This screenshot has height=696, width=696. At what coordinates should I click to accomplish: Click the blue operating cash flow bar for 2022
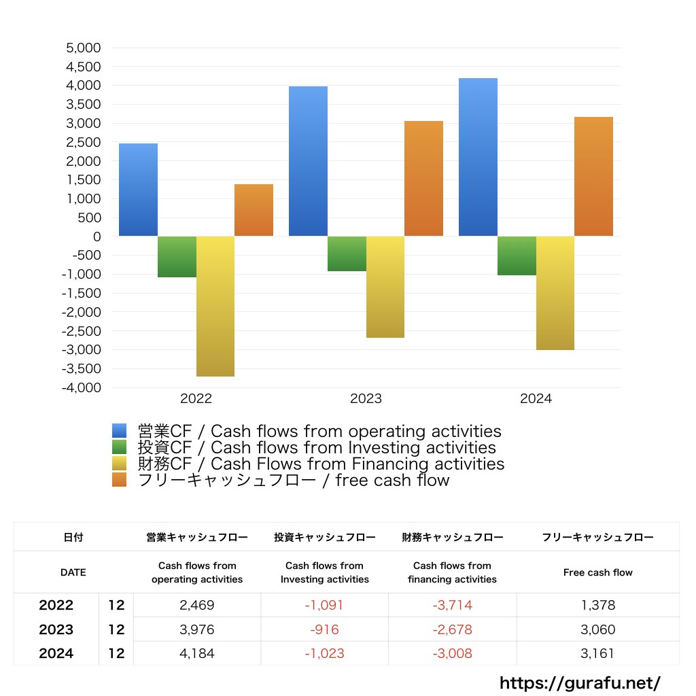point(138,190)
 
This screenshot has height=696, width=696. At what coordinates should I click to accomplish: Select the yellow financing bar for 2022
point(215,306)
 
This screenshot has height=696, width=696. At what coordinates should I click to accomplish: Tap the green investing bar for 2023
point(347,254)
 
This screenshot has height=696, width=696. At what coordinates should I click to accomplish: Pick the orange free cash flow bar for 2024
point(593,177)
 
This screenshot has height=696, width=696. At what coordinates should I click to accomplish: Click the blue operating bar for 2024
point(478,157)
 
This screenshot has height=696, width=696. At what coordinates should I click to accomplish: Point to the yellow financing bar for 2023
point(385,287)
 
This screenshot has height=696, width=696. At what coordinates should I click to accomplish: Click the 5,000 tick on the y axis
point(83,48)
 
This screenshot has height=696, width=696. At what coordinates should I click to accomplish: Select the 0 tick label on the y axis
point(97,237)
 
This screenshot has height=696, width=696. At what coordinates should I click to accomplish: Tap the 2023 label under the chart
point(366,399)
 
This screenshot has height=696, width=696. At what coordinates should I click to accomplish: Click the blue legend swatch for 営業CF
point(120,431)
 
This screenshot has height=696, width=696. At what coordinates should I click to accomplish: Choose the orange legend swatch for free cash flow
point(120,481)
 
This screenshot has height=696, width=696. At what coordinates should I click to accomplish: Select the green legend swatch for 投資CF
point(120,447)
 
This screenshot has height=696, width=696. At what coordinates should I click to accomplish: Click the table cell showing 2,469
point(197,605)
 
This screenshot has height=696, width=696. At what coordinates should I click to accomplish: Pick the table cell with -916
point(324,629)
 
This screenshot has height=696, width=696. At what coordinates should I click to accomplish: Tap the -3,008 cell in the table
point(452,654)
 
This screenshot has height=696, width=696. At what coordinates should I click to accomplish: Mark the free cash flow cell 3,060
point(597,629)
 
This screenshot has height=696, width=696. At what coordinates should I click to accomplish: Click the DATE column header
point(73,572)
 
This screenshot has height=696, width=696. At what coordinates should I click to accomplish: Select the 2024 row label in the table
point(56,654)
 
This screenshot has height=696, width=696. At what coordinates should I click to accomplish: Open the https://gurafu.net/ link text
point(580,682)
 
